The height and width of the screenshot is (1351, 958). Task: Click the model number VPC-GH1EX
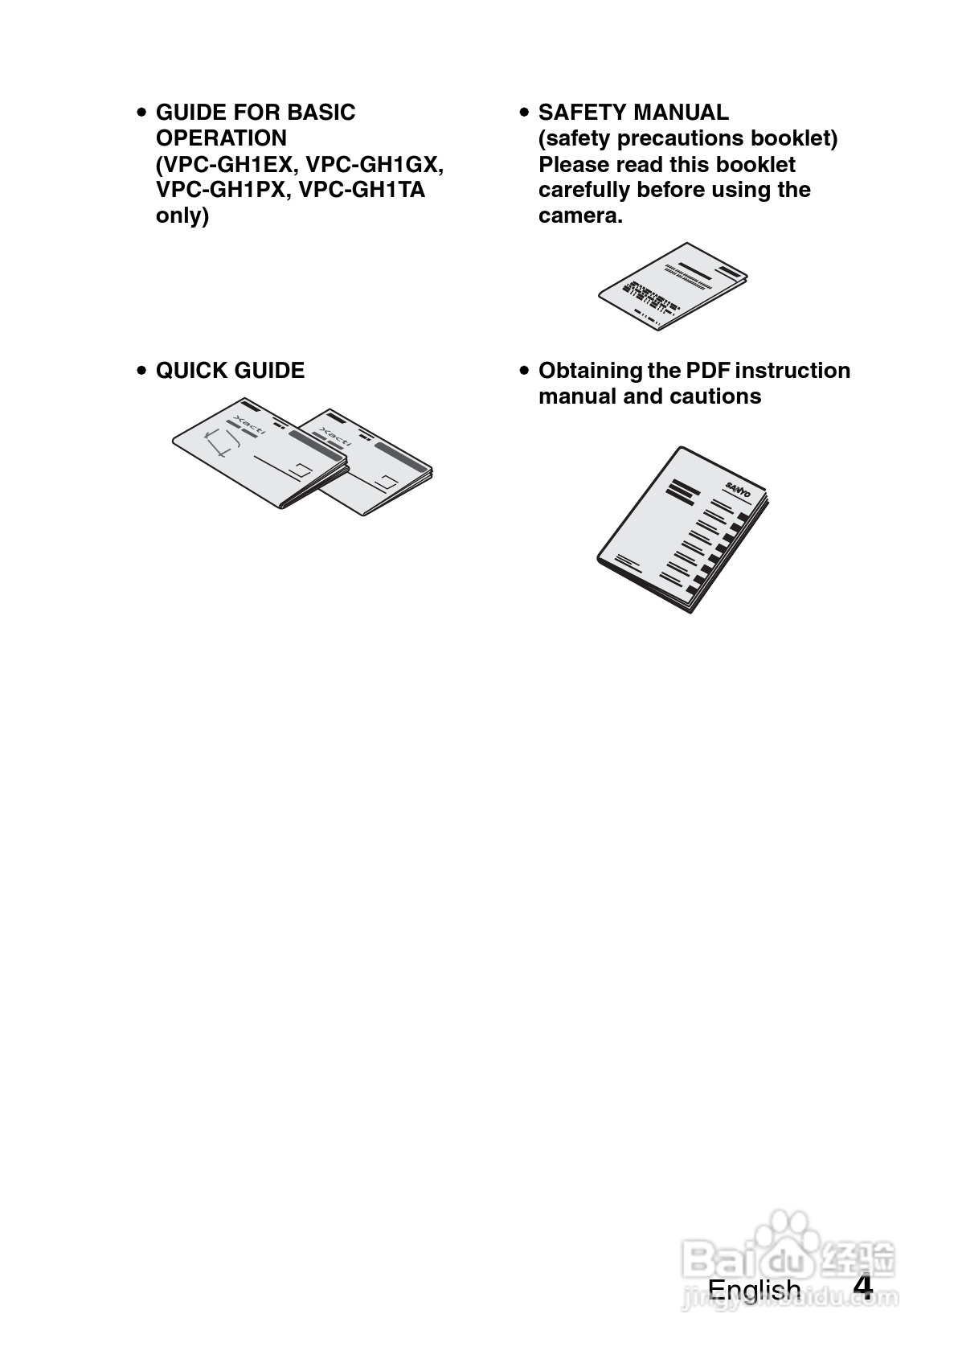coord(231,164)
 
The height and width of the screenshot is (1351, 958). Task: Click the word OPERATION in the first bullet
coord(221,138)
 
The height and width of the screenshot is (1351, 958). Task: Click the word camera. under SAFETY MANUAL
coord(580,216)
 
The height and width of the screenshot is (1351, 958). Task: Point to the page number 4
coord(862,1287)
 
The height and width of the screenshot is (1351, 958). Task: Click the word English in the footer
coord(754,1289)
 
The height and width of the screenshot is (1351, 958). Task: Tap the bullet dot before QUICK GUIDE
coord(141,372)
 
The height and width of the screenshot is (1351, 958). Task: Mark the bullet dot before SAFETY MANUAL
coord(524,113)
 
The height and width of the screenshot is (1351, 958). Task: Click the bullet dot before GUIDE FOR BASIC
coord(141,113)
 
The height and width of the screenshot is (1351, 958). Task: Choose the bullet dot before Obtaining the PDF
coord(524,372)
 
